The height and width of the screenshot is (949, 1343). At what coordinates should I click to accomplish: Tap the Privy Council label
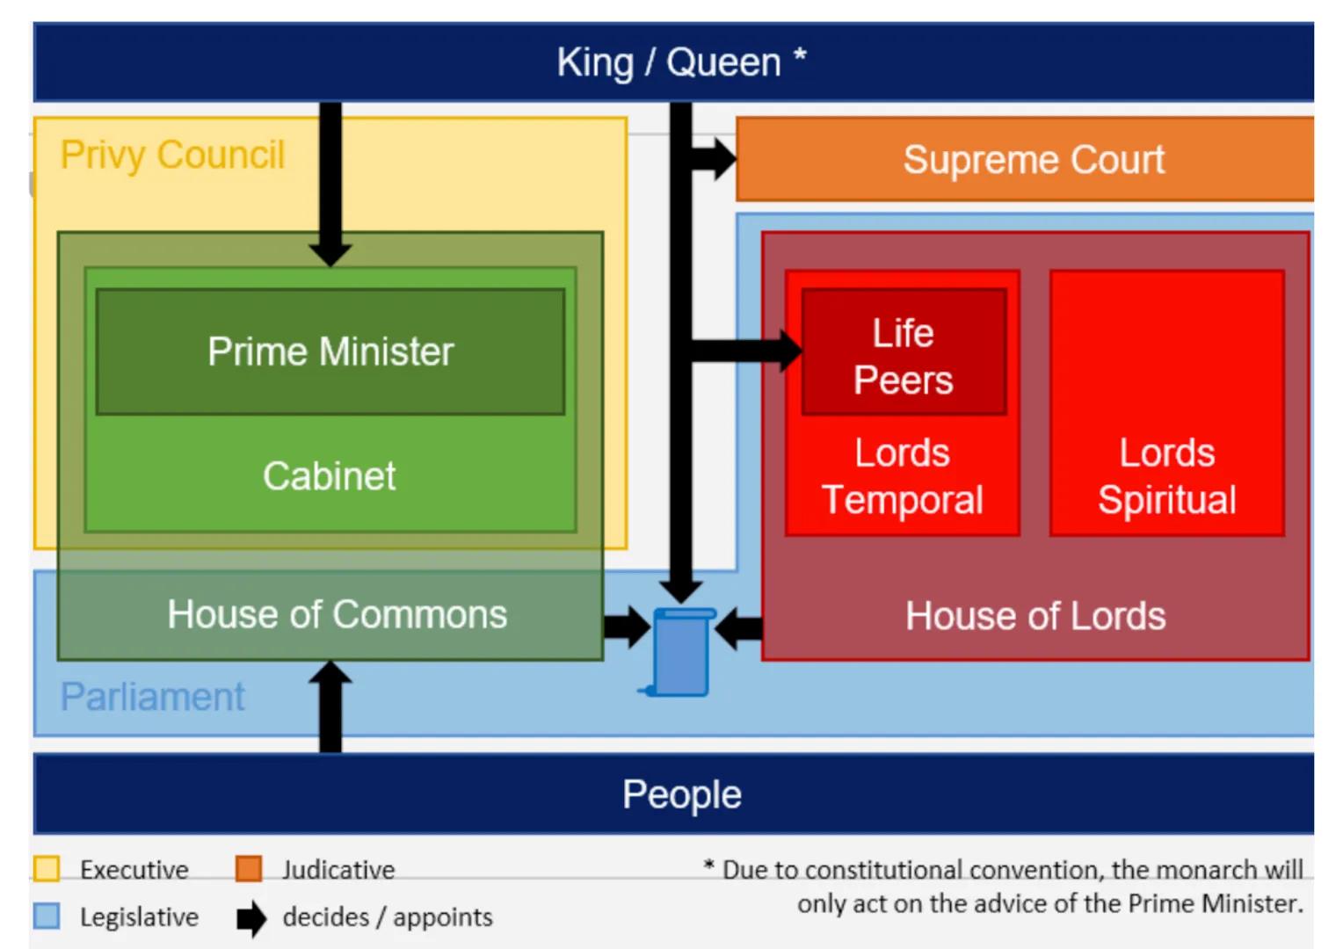172,156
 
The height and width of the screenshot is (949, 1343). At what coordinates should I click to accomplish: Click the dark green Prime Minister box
330,351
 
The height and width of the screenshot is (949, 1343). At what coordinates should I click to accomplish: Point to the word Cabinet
330,476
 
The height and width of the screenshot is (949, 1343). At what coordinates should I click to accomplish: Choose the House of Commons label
337,614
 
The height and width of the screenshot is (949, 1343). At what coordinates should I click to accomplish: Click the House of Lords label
1035,616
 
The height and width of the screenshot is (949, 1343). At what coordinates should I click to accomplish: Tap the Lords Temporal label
903,476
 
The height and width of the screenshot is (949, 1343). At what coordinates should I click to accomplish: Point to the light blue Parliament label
153,697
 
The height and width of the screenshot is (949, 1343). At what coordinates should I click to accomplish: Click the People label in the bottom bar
681,794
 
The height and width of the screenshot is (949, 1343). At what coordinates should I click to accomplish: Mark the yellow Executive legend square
47,869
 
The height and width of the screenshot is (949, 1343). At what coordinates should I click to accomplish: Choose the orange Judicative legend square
249,869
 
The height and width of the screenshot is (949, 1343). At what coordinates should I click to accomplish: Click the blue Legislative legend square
47,916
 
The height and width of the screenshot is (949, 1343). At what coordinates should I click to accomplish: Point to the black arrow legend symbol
250,918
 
